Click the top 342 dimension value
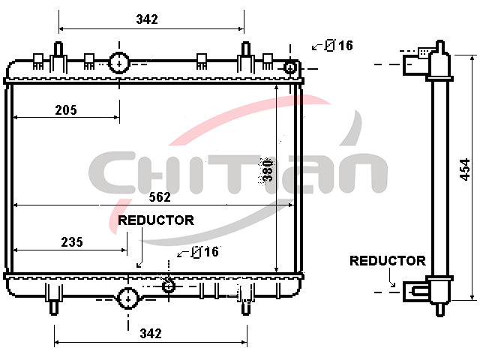point(147,19)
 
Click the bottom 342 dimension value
point(151,333)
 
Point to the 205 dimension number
point(66,110)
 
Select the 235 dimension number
point(72,242)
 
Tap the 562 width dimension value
point(160,197)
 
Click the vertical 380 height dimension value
point(268,170)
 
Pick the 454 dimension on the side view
point(465,169)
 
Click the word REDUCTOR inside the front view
point(156,220)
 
